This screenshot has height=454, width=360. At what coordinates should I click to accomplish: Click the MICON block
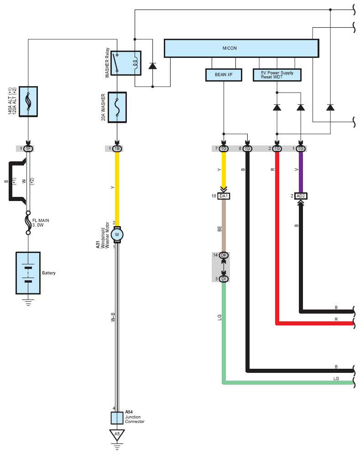(241, 48)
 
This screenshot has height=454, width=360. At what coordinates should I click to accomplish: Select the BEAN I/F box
(224, 75)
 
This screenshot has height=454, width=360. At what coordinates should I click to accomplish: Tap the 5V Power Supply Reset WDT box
(277, 75)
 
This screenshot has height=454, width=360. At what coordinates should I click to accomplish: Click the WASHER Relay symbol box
(126, 63)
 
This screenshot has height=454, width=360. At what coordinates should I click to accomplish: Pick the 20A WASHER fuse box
(117, 108)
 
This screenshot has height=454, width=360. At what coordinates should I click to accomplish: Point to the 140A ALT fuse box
(28, 101)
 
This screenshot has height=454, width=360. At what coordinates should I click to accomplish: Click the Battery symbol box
(28, 273)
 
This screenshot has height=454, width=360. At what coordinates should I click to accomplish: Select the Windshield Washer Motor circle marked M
(117, 235)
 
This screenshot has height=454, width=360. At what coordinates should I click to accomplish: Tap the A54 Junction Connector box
(117, 418)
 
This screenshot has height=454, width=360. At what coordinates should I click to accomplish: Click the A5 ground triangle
(117, 435)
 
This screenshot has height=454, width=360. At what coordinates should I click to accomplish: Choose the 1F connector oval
(28, 149)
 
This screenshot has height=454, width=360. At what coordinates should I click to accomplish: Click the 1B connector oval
(117, 149)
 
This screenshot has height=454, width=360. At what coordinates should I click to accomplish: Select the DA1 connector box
(224, 196)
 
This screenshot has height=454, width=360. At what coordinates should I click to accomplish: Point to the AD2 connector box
(301, 196)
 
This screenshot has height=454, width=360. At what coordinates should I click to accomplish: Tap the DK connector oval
(224, 255)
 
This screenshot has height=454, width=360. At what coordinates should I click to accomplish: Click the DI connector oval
(224, 279)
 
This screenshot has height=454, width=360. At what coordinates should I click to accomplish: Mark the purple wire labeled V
(301, 172)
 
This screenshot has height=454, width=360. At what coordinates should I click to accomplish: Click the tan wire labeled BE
(224, 226)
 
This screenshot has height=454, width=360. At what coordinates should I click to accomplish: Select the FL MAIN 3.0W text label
(41, 222)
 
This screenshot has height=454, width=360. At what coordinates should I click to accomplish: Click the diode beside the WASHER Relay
(152, 66)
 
